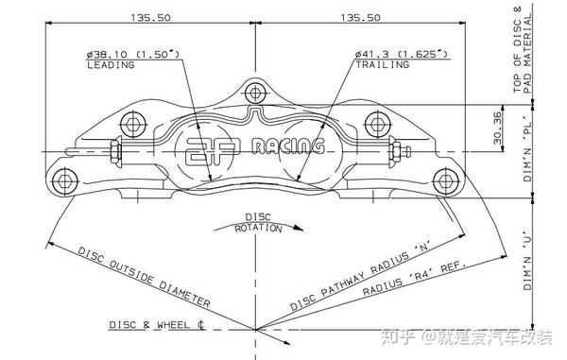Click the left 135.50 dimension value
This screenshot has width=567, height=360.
pos(150,17)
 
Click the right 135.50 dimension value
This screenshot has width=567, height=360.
pos(361,17)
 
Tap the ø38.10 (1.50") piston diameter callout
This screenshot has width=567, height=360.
pos(132,55)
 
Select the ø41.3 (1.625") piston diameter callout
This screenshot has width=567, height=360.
pos(402,54)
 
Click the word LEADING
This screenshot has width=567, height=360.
pos(111,65)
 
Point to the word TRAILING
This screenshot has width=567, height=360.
pos(382,64)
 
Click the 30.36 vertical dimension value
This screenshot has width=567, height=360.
pos(498,128)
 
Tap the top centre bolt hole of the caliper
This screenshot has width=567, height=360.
pos(255,93)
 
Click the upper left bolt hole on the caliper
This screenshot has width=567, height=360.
pos(133,125)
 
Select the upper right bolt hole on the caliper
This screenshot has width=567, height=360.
pos(377,124)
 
